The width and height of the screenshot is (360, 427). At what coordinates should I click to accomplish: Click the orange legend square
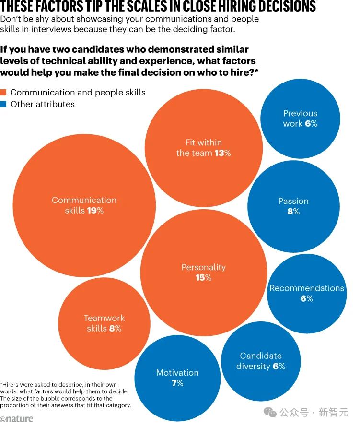[x=4, y=93]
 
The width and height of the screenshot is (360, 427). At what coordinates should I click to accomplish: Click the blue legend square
[x=4, y=104]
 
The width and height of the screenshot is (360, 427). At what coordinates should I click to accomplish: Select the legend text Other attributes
[x=42, y=104]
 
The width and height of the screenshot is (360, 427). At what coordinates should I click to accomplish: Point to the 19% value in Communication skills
[x=95, y=211]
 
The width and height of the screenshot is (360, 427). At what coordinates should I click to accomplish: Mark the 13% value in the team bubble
[x=222, y=153]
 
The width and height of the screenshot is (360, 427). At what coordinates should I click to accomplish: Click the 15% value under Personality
[x=203, y=278]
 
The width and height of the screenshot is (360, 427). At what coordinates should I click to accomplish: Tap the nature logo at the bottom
[x=17, y=419]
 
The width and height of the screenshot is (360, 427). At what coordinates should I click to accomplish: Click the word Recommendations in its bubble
[x=307, y=288]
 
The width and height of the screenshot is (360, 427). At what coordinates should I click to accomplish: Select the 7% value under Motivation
[x=177, y=383]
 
